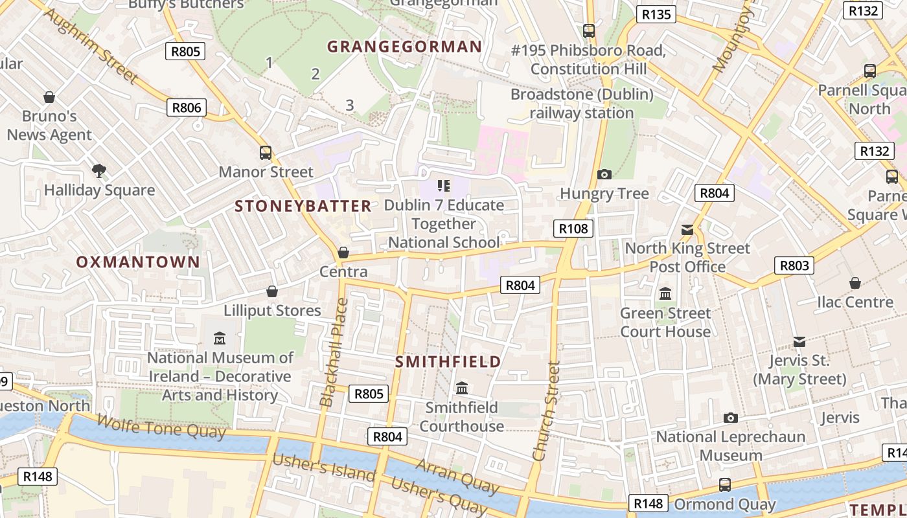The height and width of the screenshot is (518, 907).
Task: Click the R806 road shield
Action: (187, 107)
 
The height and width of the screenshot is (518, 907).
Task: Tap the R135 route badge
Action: (656, 14)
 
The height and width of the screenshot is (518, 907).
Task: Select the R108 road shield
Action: (573, 228)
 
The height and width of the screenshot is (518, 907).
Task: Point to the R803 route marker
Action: (794, 265)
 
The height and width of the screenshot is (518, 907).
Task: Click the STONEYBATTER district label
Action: (303, 207)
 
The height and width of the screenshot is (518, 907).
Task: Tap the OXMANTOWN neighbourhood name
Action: (138, 262)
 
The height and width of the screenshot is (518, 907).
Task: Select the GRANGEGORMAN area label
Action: (404, 47)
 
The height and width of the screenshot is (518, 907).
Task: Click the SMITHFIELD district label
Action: (448, 362)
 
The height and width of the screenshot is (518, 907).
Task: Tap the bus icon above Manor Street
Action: (266, 153)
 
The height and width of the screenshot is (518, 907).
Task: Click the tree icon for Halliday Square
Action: (99, 171)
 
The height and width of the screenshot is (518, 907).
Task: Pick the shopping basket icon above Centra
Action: (343, 253)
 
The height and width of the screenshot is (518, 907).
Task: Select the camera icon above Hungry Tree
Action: (604, 174)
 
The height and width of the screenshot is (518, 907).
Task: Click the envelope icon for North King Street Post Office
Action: (687, 230)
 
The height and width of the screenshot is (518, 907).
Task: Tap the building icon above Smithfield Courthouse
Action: (462, 388)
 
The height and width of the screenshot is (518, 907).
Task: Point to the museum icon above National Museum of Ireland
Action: (220, 339)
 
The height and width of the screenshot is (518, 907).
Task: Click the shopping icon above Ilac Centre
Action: (855, 283)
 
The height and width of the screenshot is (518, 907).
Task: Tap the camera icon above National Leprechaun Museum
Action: (731, 418)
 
